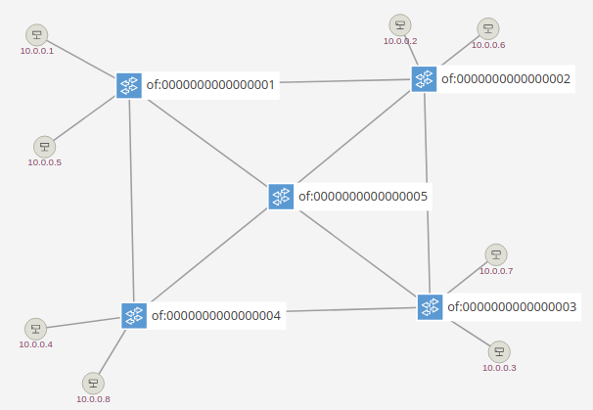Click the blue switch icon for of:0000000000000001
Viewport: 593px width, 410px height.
[x=129, y=85]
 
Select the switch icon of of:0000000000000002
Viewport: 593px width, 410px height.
[x=424, y=79]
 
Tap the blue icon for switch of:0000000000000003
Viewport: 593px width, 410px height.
[x=430, y=307]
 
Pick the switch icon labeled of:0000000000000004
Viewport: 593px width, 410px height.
[x=134, y=315]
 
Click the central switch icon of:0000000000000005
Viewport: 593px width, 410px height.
[x=281, y=197]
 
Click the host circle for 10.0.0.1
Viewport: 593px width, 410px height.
[x=36, y=35]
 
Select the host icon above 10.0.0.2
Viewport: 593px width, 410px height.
[x=400, y=25]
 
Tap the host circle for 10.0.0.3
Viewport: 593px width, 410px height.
[x=499, y=351]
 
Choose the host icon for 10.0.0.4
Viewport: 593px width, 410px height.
[x=35, y=329]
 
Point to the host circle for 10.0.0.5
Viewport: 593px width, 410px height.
[x=45, y=147]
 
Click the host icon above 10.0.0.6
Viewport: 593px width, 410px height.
[x=488, y=28]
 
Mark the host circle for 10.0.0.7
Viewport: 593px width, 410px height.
[x=496, y=254]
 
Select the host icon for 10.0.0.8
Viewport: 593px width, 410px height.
[x=93, y=384]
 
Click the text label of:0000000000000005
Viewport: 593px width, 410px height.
[x=363, y=197]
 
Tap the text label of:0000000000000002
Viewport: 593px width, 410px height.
[x=506, y=78]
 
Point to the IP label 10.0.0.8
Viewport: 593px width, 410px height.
[x=93, y=399]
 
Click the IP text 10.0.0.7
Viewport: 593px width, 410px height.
[x=496, y=271]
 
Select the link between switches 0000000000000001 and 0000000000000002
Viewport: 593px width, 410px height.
[x=345, y=81]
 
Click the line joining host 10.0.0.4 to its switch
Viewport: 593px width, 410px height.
[x=83, y=323]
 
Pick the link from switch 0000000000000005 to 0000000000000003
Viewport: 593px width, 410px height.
[x=358, y=253]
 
